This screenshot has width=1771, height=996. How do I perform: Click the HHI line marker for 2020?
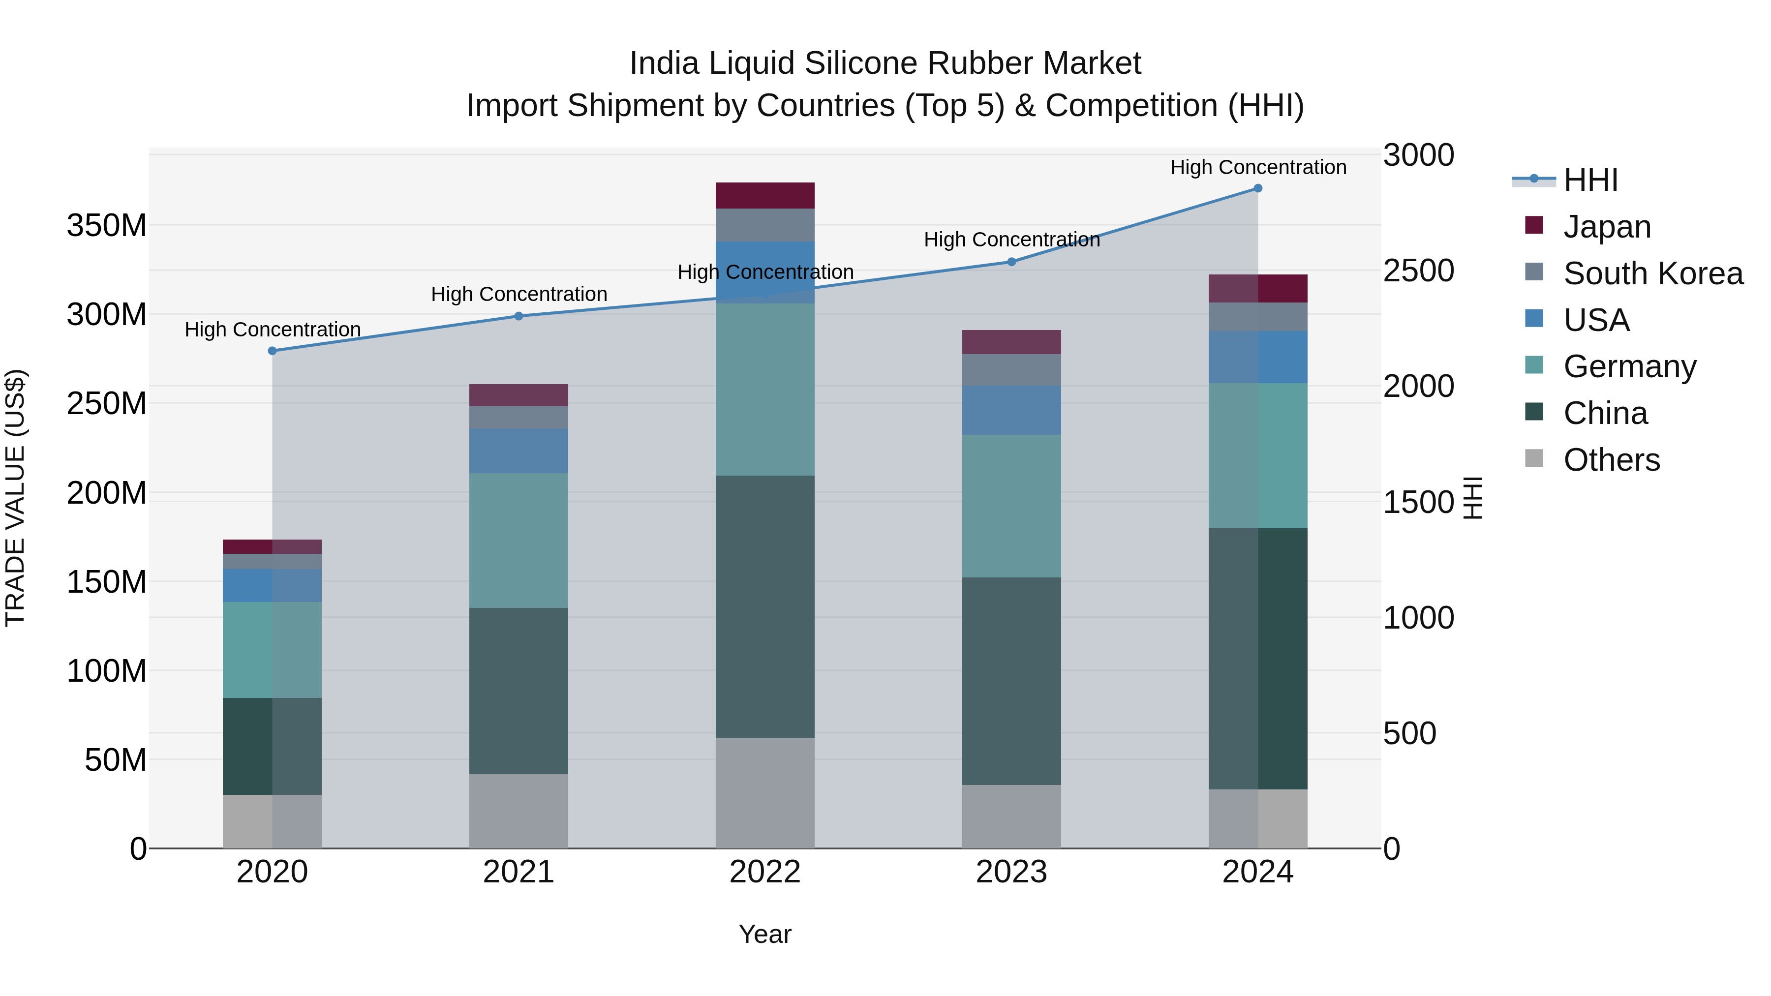(272, 351)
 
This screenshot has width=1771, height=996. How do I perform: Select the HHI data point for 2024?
(1257, 188)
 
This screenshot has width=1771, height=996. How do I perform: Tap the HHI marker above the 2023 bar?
(1011, 261)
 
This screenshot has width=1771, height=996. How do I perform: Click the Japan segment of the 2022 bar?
(764, 195)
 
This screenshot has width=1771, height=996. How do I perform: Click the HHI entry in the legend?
(1590, 180)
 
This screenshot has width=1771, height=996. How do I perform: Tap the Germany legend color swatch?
(1534, 365)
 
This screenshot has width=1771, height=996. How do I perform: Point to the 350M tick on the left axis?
(107, 225)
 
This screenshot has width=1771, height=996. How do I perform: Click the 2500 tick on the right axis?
(1418, 270)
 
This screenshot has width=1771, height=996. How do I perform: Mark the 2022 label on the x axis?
(764, 872)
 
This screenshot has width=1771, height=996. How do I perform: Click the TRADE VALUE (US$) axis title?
(16, 498)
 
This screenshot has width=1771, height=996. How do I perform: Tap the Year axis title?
(764, 934)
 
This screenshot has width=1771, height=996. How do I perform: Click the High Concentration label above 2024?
(1257, 167)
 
